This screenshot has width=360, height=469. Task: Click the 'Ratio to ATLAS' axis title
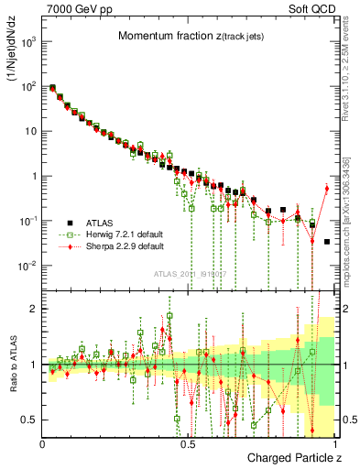(14, 365)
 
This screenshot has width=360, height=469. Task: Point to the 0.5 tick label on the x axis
(188, 442)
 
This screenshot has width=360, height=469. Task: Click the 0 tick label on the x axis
(43, 442)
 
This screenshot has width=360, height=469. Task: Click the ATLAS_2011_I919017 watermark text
(187, 273)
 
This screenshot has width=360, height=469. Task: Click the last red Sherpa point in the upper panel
(326, 189)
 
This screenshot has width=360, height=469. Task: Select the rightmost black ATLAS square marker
(327, 242)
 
